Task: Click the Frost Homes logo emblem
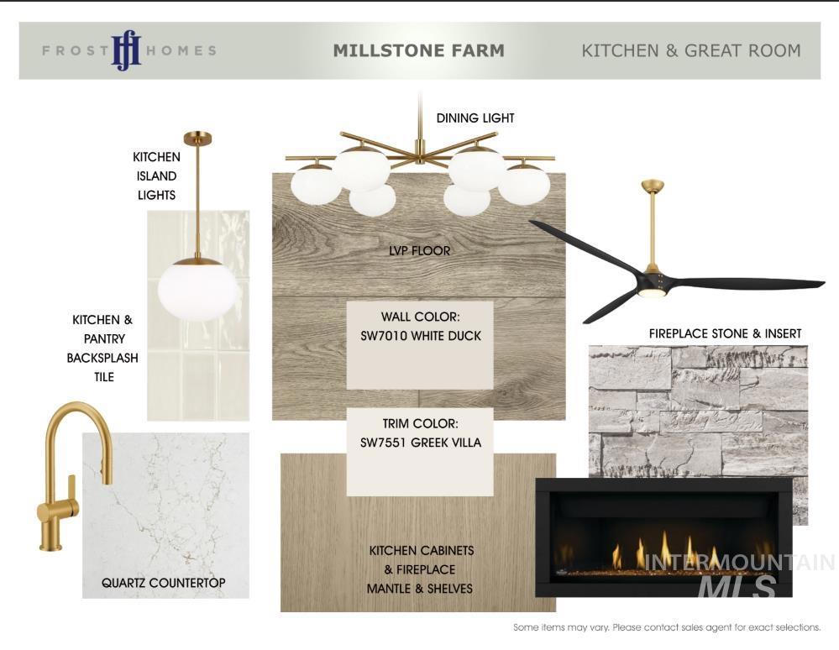click(126, 50)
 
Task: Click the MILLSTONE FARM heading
click(418, 50)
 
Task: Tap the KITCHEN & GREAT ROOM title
click(691, 50)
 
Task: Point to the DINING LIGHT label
click(475, 118)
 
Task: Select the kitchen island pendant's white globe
click(198, 291)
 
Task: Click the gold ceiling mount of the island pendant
click(198, 138)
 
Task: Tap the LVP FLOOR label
click(420, 250)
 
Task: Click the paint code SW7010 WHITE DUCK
click(421, 336)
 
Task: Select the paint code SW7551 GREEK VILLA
click(421, 443)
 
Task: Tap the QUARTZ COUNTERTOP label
click(163, 583)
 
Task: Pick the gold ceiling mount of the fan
click(653, 186)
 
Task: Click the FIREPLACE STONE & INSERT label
click(725, 334)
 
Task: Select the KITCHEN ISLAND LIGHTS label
click(156, 176)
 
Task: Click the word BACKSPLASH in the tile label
click(102, 358)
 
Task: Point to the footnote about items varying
click(667, 627)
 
